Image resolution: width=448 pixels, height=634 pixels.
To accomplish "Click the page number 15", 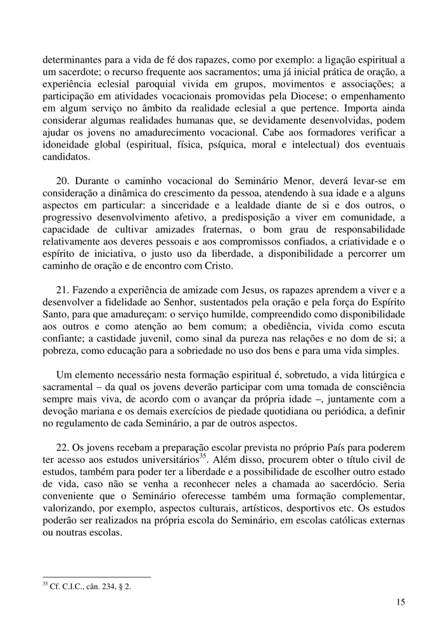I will [400, 602].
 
